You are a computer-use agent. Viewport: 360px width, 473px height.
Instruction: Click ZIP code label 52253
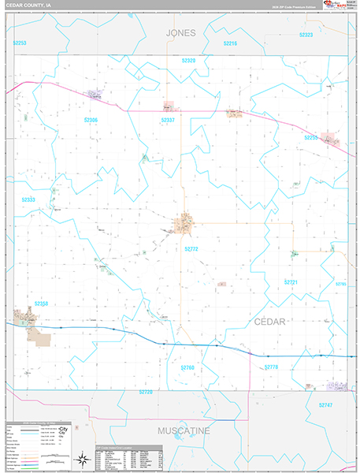tap(19, 43)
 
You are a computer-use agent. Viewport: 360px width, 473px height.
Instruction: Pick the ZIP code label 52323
tap(306, 35)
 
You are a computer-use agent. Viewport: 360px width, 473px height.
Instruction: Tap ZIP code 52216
tap(230, 43)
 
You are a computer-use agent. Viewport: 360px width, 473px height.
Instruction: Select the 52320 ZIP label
tap(188, 60)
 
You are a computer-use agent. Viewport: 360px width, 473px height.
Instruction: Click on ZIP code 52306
tap(91, 120)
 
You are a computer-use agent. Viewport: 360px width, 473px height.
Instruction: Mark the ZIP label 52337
tap(168, 120)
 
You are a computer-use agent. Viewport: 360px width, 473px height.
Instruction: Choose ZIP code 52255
tap(311, 137)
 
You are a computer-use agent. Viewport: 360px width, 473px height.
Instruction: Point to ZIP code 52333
tap(28, 200)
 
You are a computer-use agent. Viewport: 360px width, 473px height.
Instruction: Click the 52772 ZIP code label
tap(191, 248)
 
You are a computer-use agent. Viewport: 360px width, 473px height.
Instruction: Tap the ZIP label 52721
tap(291, 281)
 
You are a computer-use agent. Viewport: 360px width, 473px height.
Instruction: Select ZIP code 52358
tap(41, 304)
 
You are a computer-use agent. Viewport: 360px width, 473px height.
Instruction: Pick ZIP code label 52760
tap(187, 367)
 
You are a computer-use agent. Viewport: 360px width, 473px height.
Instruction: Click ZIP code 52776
tap(272, 367)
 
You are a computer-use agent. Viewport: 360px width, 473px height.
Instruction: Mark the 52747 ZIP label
tap(326, 404)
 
